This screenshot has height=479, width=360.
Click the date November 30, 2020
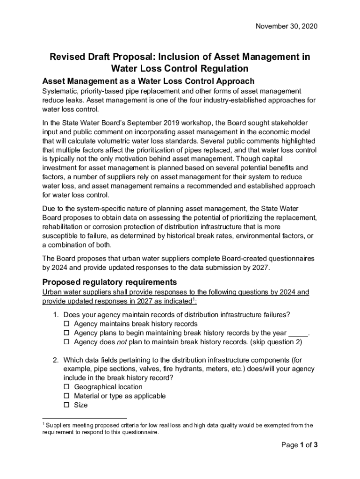(286, 27)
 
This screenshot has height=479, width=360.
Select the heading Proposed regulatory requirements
(109, 282)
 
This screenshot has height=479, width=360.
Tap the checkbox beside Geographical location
(66, 387)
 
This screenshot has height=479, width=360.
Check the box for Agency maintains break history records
(66, 324)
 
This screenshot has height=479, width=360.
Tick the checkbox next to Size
(66, 405)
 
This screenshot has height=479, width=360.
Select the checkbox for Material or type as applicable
(66, 396)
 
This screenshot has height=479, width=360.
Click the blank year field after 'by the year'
(298, 333)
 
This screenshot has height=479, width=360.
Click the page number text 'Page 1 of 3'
(299, 445)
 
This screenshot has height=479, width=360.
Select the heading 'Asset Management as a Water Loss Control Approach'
(148, 80)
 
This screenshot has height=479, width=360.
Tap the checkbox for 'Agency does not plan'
(66, 341)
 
